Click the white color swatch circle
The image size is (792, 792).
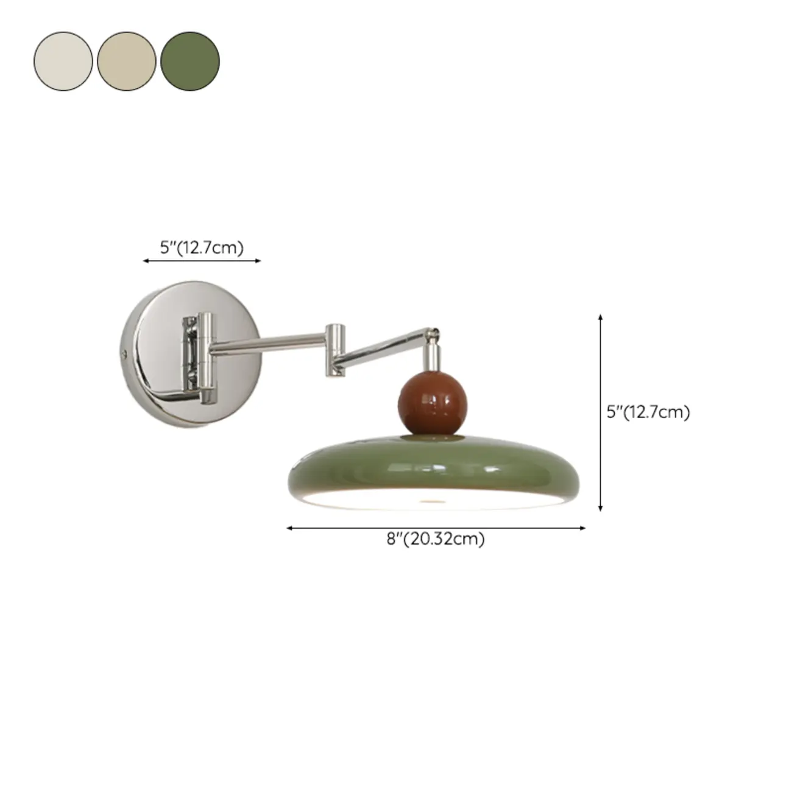coord(63,62)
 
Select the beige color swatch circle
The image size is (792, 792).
coord(127,62)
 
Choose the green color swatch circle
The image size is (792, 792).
coord(190,62)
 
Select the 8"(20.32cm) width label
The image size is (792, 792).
coord(436,539)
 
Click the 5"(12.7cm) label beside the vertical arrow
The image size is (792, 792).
coord(648,412)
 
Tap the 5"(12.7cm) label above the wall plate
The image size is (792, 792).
coord(202,247)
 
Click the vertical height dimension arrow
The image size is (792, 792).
coord(601,412)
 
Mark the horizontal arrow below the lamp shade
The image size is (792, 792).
coord(436,528)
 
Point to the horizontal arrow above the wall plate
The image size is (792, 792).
coord(202,261)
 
